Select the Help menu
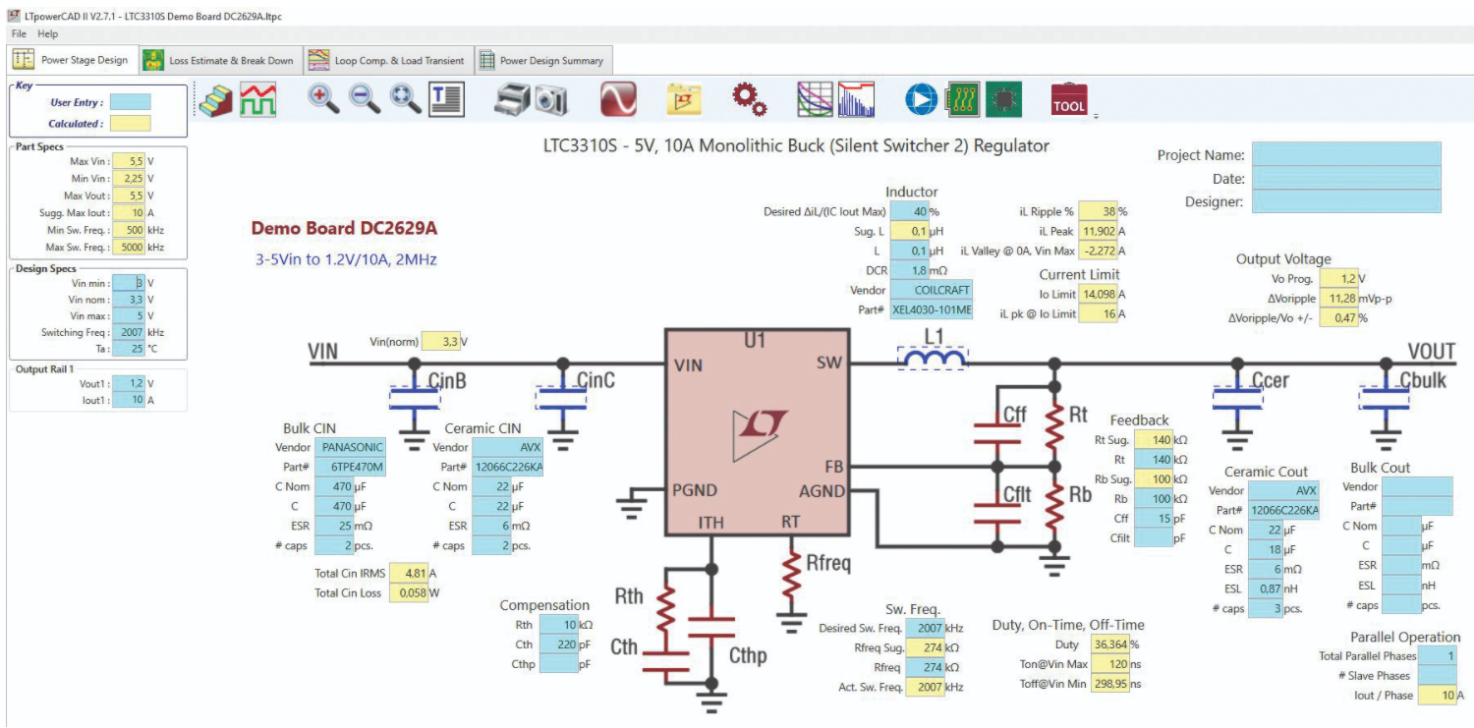click(x=47, y=34)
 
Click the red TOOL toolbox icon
click(x=1069, y=98)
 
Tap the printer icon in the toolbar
click(x=512, y=98)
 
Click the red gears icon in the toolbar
click(x=750, y=98)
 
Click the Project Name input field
click(x=1345, y=155)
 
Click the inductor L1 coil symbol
click(x=933, y=363)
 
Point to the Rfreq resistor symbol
click(x=792, y=576)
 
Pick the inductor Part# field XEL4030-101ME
click(x=932, y=310)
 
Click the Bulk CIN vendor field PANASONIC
click(x=350, y=448)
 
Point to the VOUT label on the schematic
click(x=1431, y=353)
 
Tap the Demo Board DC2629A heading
click(x=344, y=229)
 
